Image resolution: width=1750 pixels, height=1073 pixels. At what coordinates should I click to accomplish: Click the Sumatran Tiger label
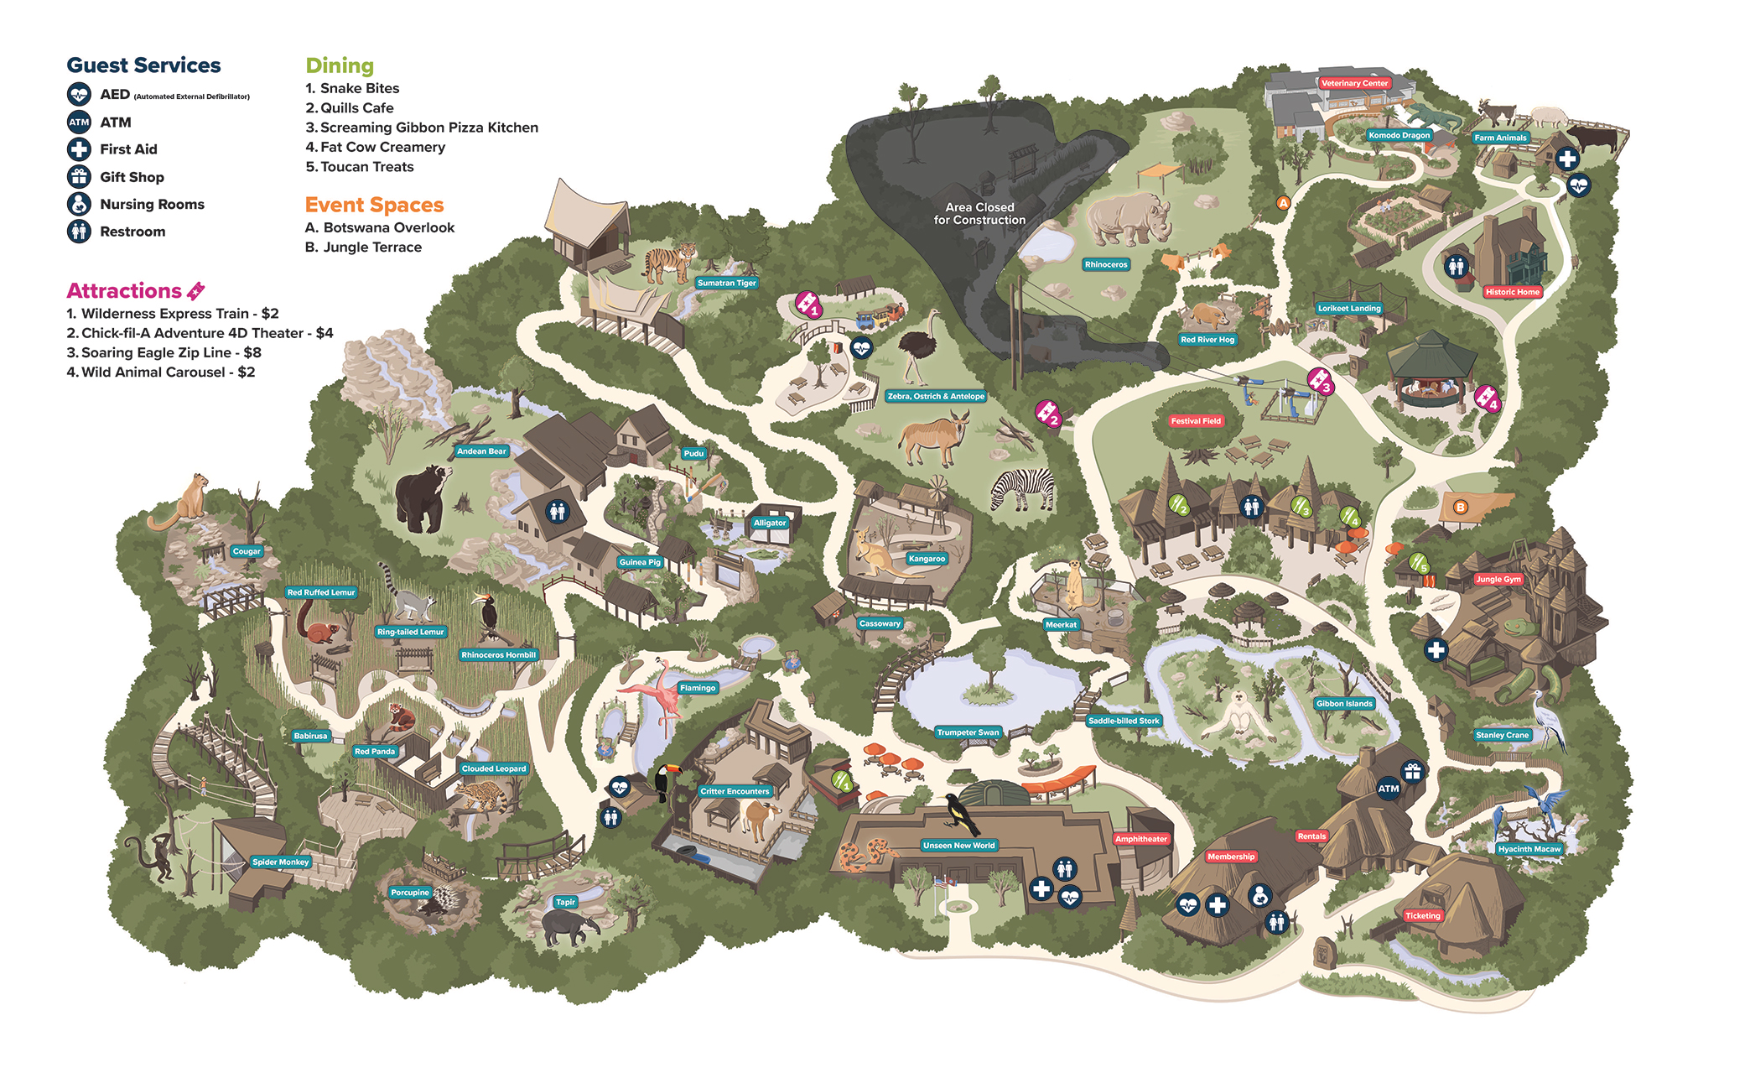tap(726, 283)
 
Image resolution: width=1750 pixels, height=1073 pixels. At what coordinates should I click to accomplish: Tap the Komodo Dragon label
tap(1399, 135)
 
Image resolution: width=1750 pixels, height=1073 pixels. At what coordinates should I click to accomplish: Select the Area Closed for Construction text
tap(979, 213)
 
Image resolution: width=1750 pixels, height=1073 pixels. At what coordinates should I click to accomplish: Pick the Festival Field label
tap(1196, 421)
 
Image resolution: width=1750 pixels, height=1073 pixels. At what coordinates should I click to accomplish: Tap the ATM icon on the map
tap(1388, 788)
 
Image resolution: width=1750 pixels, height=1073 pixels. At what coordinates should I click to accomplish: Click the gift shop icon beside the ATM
tap(1413, 771)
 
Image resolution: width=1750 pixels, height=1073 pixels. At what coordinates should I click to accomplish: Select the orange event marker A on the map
tap(1282, 203)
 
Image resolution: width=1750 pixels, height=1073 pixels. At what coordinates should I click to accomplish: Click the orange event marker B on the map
tap(1460, 507)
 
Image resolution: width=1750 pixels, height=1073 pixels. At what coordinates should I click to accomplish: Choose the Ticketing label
tap(1423, 915)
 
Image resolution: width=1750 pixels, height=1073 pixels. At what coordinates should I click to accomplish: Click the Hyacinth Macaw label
tap(1529, 849)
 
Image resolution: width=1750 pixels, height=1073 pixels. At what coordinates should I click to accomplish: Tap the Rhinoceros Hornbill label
tap(498, 655)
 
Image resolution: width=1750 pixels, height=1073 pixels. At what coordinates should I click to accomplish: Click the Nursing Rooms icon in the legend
tap(79, 204)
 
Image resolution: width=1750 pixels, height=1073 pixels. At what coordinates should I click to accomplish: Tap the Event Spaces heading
tap(374, 205)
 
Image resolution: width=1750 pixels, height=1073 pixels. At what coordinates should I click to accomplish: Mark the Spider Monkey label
tap(281, 862)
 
